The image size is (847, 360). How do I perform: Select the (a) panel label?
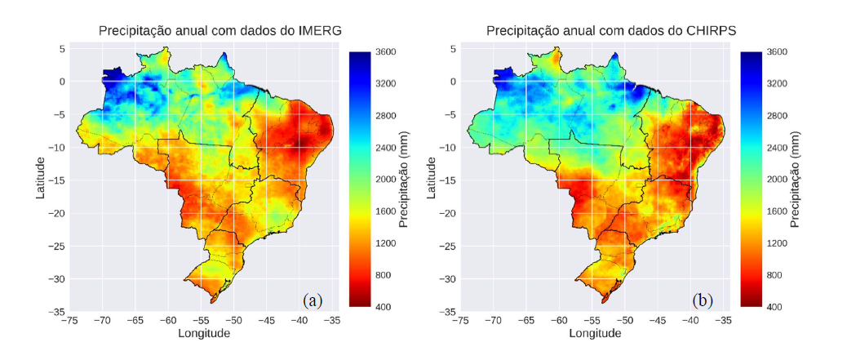click(313, 300)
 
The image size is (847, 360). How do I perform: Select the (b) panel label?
click(703, 300)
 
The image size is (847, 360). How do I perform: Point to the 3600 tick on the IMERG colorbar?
click(387, 51)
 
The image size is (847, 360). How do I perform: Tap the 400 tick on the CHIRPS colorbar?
click(776, 307)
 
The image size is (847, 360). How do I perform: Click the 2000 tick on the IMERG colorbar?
click(387, 180)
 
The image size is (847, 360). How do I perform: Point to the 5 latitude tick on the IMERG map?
click(60, 48)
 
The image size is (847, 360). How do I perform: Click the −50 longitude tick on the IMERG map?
click(233, 320)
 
